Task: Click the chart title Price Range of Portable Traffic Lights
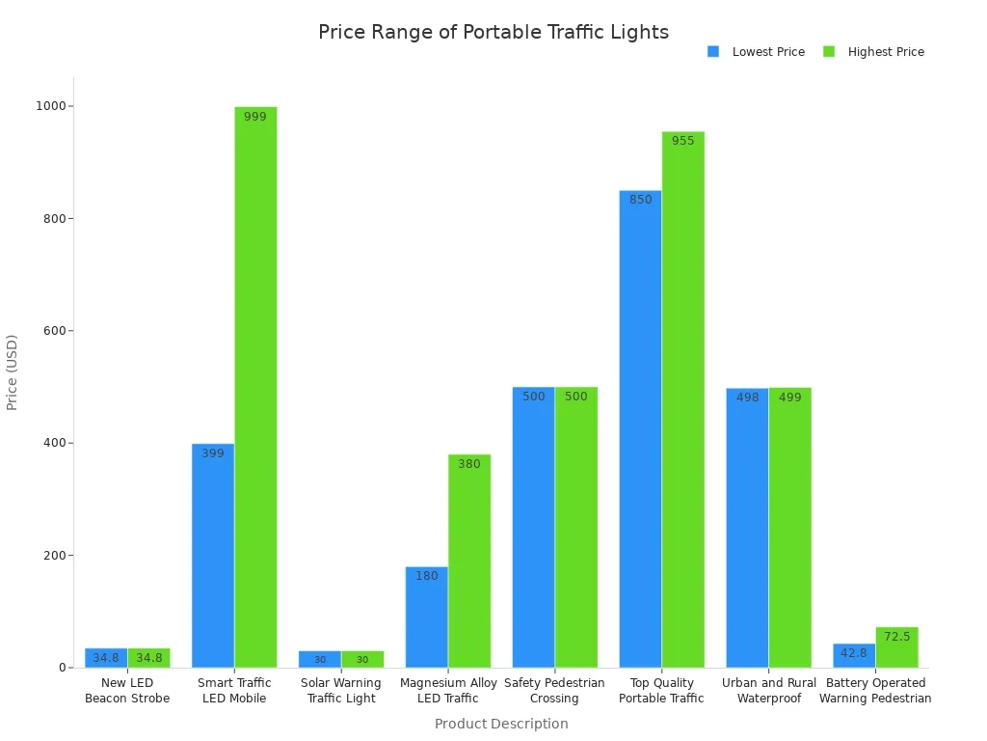coord(493,32)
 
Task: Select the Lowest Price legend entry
coord(757,52)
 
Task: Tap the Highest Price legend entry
coord(873,52)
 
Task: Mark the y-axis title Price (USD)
coord(13,372)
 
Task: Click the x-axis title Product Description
coord(501,724)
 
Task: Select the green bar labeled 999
coord(255,386)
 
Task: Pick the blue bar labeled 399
coord(213,555)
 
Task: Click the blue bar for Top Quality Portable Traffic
coord(640,429)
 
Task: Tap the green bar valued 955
coord(682,399)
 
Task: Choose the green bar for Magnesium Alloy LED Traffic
coord(469,561)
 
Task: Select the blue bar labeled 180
coord(426,617)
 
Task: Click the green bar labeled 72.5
coord(896,647)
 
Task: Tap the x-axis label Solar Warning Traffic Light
coord(341,691)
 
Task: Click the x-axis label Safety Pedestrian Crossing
coord(554,691)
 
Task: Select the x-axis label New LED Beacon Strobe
coord(127,691)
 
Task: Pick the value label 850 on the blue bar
coord(640,200)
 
